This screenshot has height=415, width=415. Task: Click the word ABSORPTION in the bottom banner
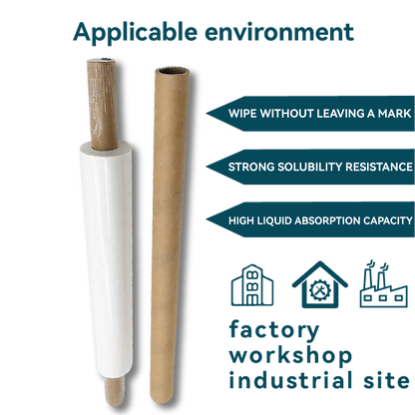(318, 218)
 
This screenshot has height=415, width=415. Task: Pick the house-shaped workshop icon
(319, 285)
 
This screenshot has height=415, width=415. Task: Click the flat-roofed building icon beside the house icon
(250, 286)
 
